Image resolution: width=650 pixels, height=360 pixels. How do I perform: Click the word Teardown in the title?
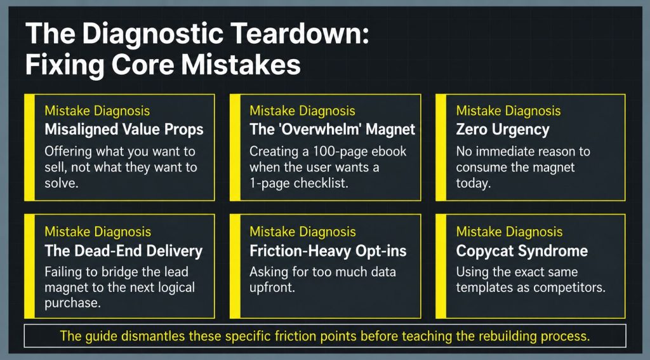coord(300,33)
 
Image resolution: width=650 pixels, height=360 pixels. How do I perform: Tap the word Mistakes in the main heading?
coord(241,65)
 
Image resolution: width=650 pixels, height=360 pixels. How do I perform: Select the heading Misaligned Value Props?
coord(124,130)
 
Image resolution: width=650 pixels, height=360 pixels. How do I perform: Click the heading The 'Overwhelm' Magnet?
coord(332,130)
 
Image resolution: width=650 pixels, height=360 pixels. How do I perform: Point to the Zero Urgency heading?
coord(503,130)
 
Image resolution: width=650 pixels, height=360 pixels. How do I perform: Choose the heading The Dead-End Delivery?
coord(124,251)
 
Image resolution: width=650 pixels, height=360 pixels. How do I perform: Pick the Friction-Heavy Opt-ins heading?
coord(328,251)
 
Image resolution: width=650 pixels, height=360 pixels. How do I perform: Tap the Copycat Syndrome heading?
coord(522,251)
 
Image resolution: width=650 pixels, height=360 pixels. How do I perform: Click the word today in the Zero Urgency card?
coord(474,183)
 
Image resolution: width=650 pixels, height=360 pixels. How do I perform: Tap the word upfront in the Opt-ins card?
coord(272,288)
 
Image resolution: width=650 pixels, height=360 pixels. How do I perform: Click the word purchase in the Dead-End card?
coord(72,303)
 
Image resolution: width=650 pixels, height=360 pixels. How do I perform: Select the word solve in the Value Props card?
coord(62,183)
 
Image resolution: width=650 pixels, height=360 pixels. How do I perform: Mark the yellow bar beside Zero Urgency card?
coord(441,148)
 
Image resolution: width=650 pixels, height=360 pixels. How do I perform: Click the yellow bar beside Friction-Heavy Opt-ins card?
coord(235,266)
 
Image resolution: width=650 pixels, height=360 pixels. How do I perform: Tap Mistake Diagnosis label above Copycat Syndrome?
coord(510,232)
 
